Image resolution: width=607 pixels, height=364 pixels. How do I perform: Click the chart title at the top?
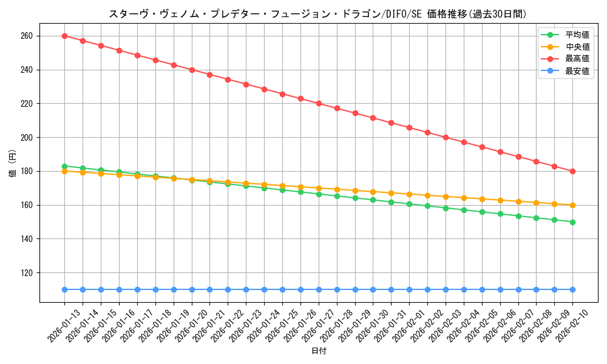tap(317, 14)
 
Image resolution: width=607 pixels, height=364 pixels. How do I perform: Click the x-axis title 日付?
tap(319, 351)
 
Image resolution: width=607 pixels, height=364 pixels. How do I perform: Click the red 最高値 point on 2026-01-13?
tap(64, 36)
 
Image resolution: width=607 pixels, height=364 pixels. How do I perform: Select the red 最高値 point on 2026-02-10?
tap(572, 171)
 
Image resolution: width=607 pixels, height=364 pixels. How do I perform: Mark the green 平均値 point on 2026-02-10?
tap(572, 222)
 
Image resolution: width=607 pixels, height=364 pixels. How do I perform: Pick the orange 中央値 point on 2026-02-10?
tap(572, 205)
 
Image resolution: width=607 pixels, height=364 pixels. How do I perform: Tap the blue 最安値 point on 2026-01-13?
tap(64, 289)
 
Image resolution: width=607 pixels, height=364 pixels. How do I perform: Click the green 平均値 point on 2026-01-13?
tap(64, 166)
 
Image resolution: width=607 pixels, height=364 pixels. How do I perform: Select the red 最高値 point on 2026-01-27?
tap(319, 103)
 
